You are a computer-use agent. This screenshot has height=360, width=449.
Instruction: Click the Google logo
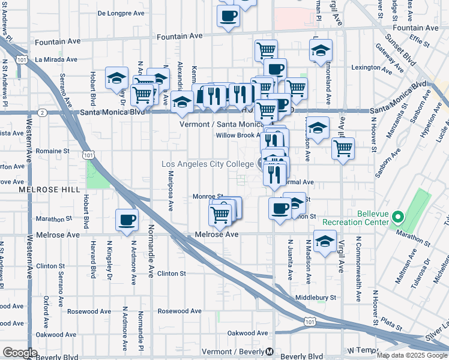[20, 352]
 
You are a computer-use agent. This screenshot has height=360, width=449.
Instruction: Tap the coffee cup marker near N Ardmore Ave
[126, 220]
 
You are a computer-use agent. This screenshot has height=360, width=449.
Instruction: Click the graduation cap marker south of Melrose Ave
[325, 242]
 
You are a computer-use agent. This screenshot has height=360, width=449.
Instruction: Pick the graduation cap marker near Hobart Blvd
[116, 77]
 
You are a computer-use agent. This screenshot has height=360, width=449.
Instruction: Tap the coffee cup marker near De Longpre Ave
[228, 16]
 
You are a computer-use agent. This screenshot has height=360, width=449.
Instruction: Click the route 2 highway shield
[42, 112]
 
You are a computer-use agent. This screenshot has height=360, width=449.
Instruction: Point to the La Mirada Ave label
[56, 59]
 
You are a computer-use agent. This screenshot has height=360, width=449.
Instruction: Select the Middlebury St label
[316, 297]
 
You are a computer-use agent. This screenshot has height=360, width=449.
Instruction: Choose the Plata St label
[391, 325]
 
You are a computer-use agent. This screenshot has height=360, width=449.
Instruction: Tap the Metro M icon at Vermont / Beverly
[270, 351]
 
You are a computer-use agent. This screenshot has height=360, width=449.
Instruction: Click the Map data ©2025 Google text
[411, 355]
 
